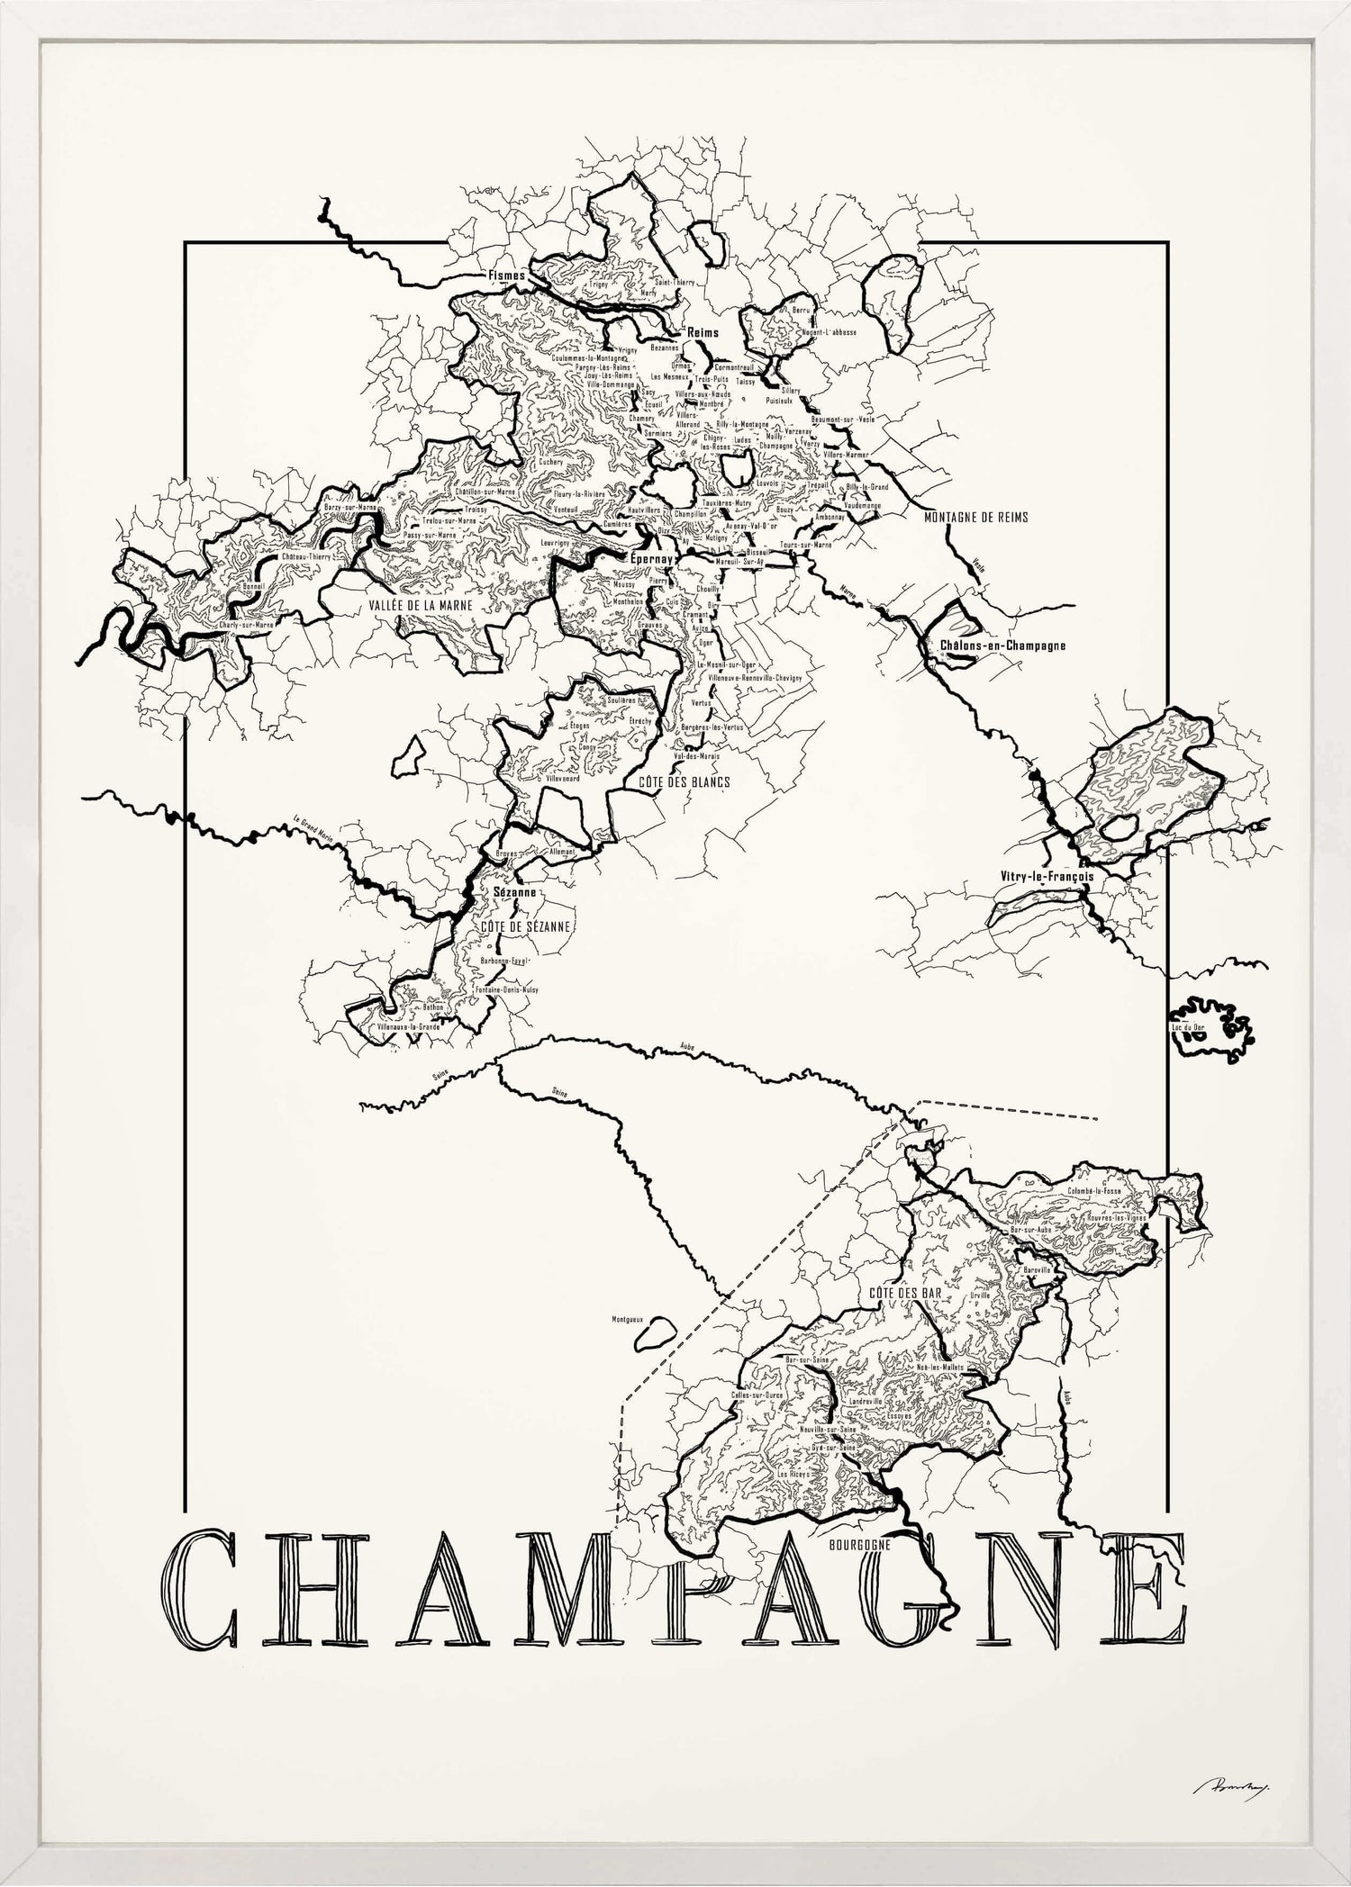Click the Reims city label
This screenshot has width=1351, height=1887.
click(703, 332)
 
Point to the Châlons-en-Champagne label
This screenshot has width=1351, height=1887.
click(1002, 646)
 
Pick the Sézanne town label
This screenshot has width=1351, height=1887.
click(515, 892)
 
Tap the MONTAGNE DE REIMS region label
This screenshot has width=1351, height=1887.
click(975, 518)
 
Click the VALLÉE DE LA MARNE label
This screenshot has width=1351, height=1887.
click(421, 607)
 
